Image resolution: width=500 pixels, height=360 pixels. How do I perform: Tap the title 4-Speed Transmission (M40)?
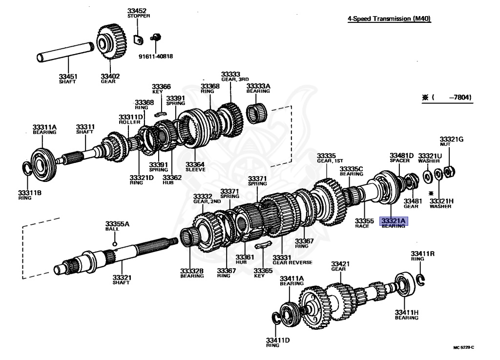pyautogui.click(x=390, y=19)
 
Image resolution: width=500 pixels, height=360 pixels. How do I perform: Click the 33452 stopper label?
pyautogui.click(x=139, y=13)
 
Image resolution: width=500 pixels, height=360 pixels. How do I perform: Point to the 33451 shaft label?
pyautogui.click(x=68, y=79)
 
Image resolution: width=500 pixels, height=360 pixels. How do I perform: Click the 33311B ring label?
pyautogui.click(x=30, y=195)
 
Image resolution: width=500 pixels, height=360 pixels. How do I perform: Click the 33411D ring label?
pyautogui.click(x=278, y=342)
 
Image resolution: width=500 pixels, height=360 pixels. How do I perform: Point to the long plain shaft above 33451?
pyautogui.click(x=66, y=51)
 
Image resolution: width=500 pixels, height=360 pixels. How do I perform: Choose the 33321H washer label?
pyautogui.click(x=441, y=202)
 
